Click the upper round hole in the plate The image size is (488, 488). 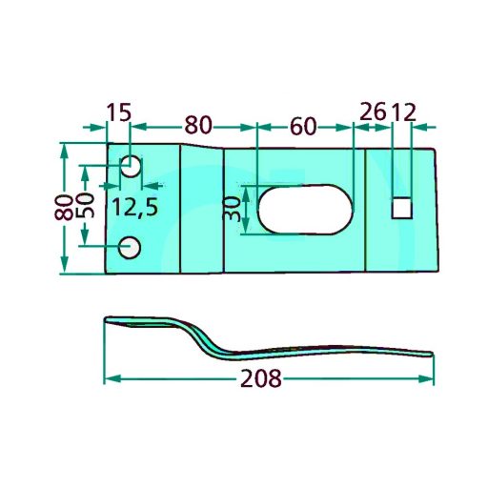[x=131, y=166]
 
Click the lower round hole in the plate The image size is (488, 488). [x=130, y=248]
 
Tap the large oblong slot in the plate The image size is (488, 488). [x=305, y=209]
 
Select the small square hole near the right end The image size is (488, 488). [x=402, y=208]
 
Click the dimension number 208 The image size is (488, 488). [x=261, y=378]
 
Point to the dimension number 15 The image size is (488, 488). [x=118, y=112]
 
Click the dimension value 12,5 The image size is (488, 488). [x=135, y=207]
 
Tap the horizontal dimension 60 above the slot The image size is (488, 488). [x=303, y=126]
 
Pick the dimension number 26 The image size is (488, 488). [x=374, y=112]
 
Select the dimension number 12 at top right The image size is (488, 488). [x=403, y=112]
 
